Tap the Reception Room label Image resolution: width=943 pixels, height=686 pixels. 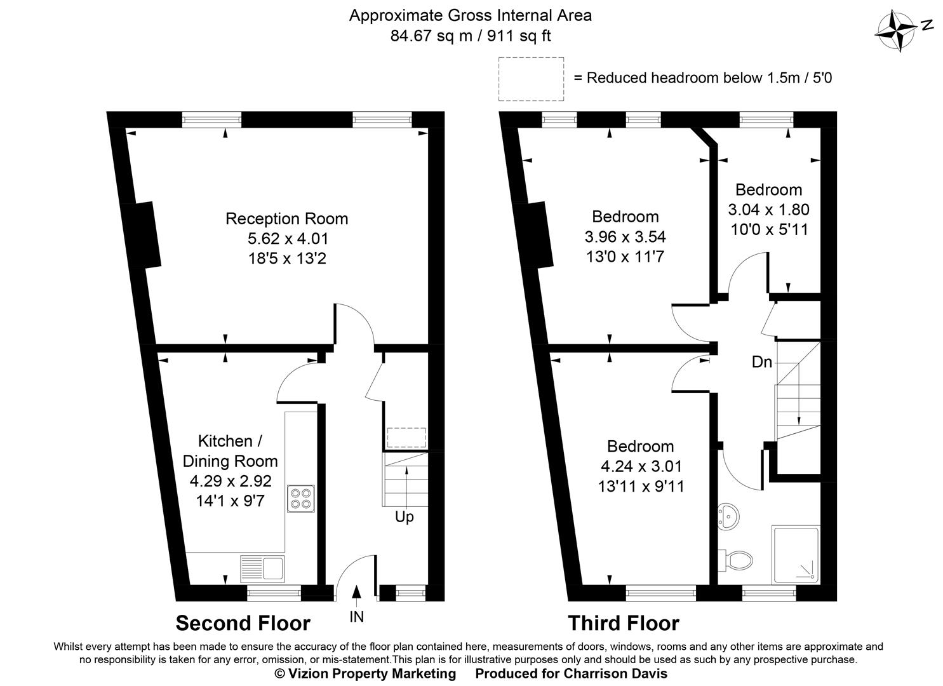pos(287,219)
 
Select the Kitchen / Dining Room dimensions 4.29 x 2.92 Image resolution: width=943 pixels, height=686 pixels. pos(231,481)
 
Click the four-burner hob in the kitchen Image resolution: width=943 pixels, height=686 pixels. pos(300,499)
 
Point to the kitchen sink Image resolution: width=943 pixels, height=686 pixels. pos(263,567)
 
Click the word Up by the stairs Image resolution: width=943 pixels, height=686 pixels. pos(404,517)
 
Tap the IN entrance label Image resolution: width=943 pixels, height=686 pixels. pos(356,616)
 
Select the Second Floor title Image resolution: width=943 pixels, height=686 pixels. pos(243,623)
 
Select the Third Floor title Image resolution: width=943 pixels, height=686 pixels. pos(623,623)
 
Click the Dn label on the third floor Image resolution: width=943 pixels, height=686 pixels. pos(761,362)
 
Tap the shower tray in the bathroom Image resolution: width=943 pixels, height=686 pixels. pos(795,555)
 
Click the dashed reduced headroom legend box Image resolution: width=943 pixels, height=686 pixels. pos(531,79)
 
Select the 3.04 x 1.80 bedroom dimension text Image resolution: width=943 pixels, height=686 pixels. pos(768,210)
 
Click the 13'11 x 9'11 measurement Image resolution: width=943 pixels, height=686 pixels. pos(641,487)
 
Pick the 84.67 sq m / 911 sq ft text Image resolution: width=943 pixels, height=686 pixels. pos(471,36)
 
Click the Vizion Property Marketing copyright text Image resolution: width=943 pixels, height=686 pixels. pos(365,673)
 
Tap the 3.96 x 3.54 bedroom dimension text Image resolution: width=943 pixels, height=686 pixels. pos(625,237)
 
